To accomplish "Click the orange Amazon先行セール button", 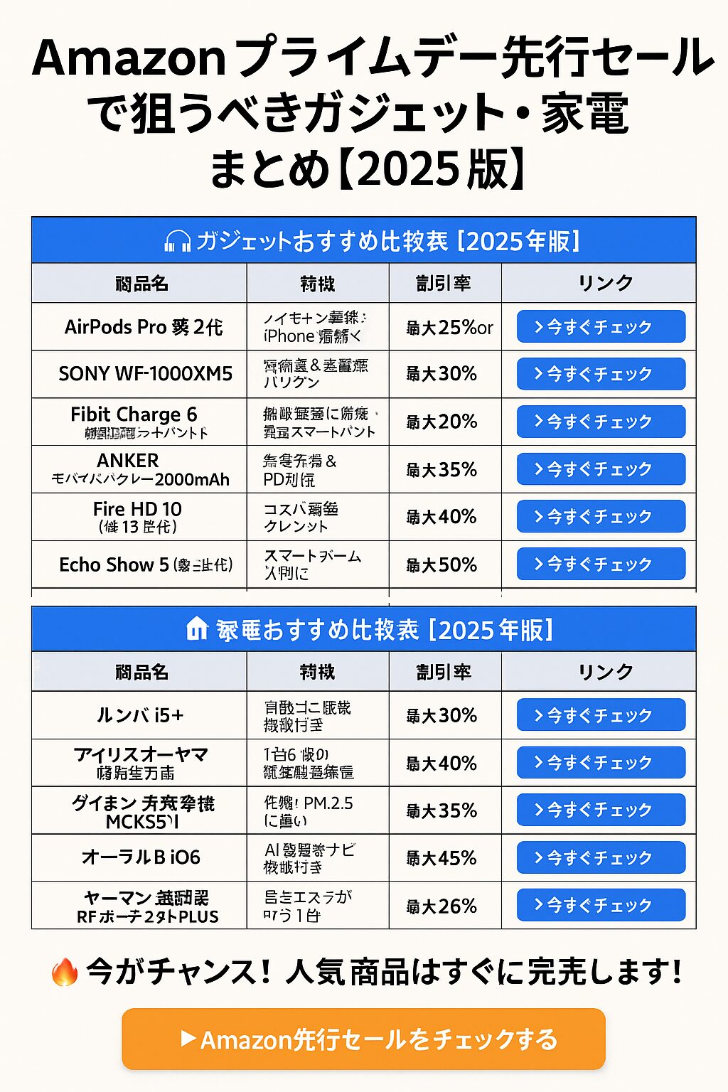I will click(363, 1039).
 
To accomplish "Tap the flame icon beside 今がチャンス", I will click(64, 972).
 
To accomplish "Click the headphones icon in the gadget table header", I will click(177, 242).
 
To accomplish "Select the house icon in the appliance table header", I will click(197, 629).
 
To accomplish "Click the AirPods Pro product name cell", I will click(143, 327).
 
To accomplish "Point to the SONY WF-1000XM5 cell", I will click(145, 374).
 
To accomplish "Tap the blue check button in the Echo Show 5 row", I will click(601, 564).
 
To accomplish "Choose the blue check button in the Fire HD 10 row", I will click(601, 517).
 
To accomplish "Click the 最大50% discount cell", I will click(441, 565).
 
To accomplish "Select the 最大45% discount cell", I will click(441, 858).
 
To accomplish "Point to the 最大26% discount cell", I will click(441, 906).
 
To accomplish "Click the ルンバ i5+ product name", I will click(140, 715).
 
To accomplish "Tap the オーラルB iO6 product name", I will click(141, 857).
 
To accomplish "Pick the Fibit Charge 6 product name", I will click(134, 414).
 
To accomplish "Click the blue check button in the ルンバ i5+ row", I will click(601, 715).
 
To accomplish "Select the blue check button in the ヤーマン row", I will click(601, 905).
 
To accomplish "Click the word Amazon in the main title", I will click(129, 58).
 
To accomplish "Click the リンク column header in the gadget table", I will click(605, 283).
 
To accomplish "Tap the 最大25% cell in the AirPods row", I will click(449, 328).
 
